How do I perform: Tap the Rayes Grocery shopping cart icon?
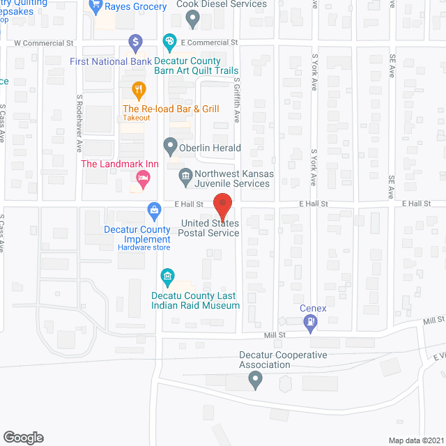pos(95,7)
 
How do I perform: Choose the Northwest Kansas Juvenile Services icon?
pos(185,175)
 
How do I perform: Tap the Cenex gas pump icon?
pos(309,322)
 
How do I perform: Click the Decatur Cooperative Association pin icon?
pos(255,380)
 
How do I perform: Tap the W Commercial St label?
pos(44,43)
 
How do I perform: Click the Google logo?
pos(22,437)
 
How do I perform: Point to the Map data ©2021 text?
pos(415,440)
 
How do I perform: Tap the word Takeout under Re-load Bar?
pos(137,118)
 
